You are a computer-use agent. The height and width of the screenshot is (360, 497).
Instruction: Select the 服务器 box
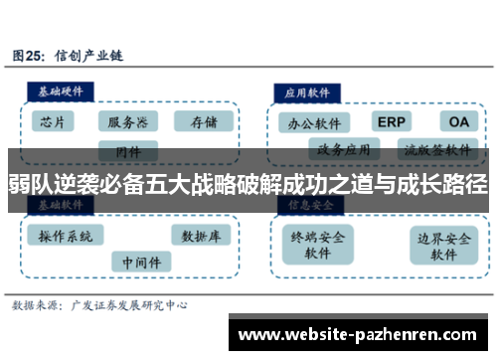click(x=127, y=122)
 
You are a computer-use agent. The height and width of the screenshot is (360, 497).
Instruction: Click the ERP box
click(x=393, y=121)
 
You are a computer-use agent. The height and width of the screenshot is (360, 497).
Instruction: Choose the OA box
click(x=458, y=121)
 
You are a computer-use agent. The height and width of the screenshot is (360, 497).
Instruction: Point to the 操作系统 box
click(x=66, y=236)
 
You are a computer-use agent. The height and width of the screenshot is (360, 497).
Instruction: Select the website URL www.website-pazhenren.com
click(x=359, y=333)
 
